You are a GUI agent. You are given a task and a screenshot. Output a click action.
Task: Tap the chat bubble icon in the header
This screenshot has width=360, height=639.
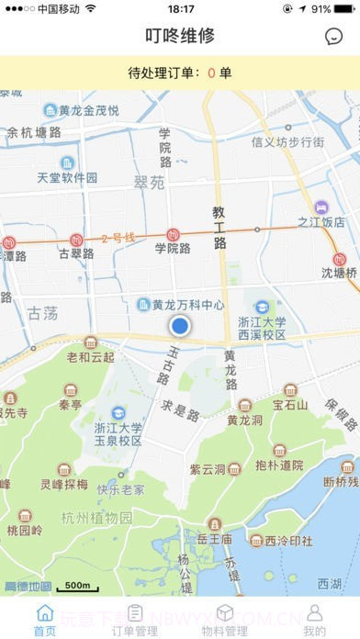pyautogui.click(x=333, y=37)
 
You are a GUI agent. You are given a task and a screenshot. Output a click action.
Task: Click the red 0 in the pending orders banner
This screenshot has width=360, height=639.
pyautogui.click(x=211, y=73)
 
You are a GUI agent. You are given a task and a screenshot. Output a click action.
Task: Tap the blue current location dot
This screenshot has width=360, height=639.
pyautogui.click(x=180, y=325)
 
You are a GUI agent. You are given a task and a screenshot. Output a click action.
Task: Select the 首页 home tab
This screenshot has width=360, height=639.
pyautogui.click(x=44, y=620)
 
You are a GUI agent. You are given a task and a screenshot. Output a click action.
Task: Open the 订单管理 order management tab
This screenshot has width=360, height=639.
pyautogui.click(x=134, y=620)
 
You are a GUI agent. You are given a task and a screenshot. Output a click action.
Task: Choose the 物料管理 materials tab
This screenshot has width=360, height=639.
pyautogui.click(x=224, y=620)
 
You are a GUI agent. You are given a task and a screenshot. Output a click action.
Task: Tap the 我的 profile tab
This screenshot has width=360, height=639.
pyautogui.click(x=314, y=620)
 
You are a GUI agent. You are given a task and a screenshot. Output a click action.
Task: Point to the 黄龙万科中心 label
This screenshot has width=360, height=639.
pyautogui.click(x=187, y=304)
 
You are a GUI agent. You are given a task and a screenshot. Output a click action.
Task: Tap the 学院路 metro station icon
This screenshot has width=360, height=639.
pyautogui.click(x=173, y=234)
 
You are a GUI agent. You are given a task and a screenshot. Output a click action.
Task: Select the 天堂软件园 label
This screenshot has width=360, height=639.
pyautogui.click(x=67, y=177)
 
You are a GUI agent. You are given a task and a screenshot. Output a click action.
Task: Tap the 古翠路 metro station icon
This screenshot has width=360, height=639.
pyautogui.click(x=76, y=241)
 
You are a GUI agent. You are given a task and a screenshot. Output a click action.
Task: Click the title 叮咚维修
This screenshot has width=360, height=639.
pyautogui.click(x=180, y=37)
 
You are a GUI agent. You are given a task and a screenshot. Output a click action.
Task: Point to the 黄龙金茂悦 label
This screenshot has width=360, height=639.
pyautogui.click(x=88, y=110)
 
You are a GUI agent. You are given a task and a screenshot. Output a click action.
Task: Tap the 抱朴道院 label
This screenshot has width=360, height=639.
pyautogui.click(x=279, y=465)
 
